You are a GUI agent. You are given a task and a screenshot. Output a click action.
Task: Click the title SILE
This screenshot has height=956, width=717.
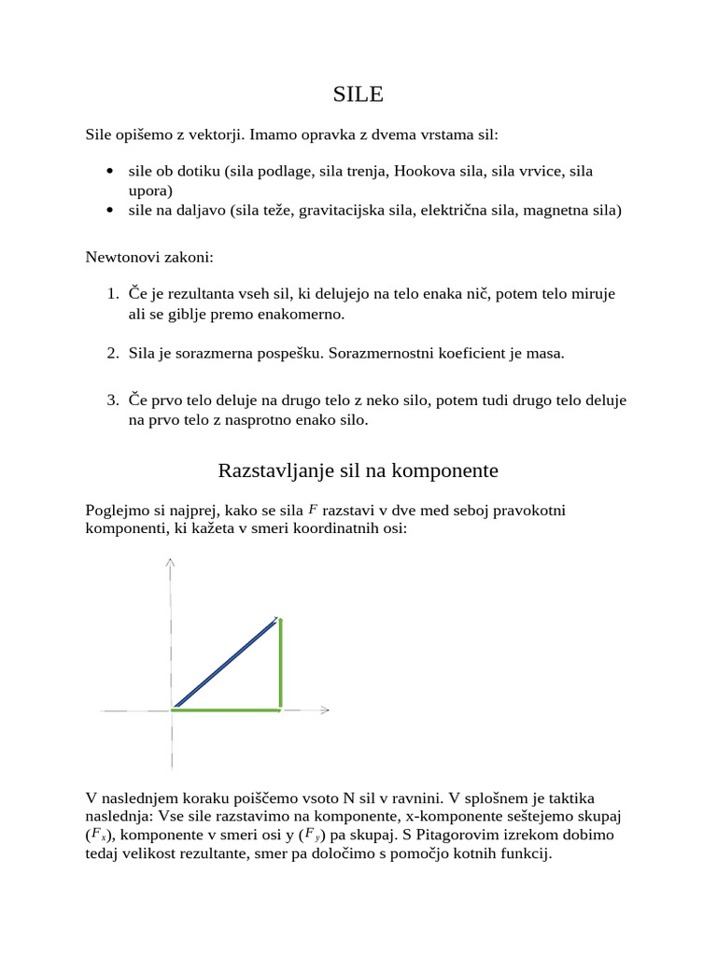point(358,94)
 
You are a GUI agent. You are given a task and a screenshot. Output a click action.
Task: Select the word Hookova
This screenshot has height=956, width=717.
point(421,172)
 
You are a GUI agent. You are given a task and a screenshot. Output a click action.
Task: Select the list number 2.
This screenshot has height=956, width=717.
point(111,353)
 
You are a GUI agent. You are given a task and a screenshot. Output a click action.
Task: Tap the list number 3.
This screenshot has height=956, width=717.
point(111,401)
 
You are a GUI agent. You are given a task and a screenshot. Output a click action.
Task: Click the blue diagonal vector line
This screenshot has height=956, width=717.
point(226,662)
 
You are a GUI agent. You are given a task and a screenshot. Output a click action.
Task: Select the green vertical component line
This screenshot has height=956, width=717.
point(280,663)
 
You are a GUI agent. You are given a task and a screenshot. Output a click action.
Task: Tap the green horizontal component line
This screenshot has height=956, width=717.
point(226,710)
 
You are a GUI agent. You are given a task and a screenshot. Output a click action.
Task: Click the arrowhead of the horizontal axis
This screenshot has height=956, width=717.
point(324,710)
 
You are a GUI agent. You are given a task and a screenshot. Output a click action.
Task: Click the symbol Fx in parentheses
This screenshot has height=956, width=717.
point(99,835)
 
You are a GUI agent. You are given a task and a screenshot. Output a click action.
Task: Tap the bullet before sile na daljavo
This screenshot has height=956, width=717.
point(111,210)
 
